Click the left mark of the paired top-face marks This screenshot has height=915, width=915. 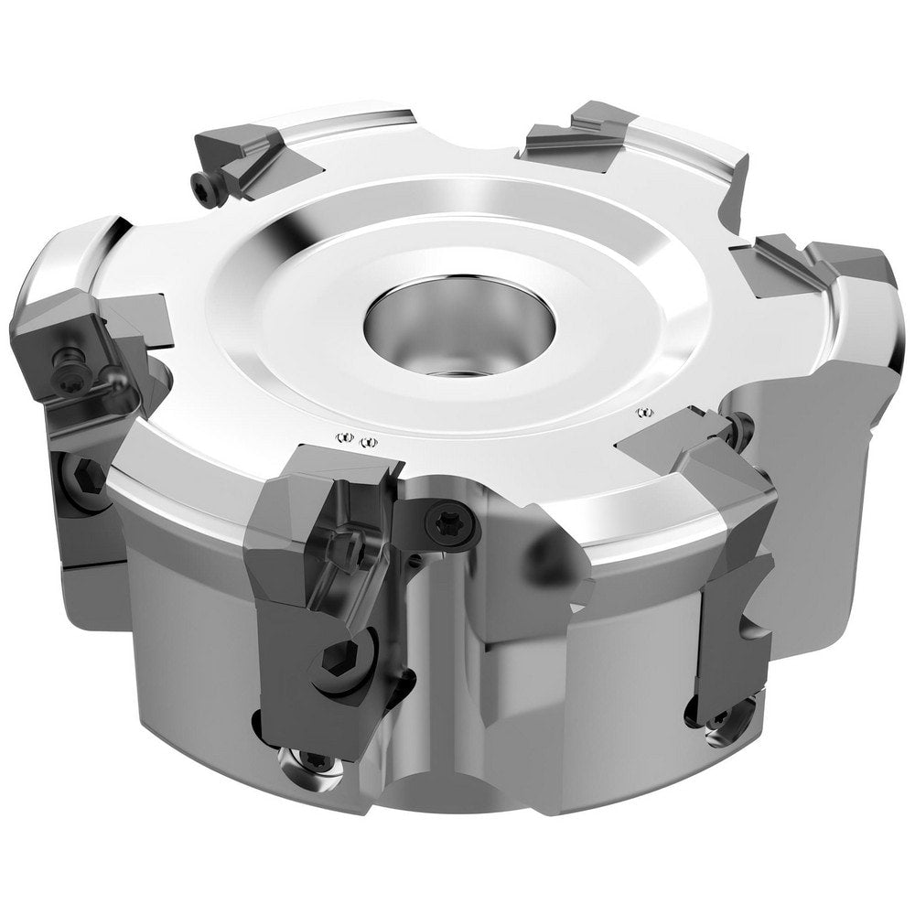345,439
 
